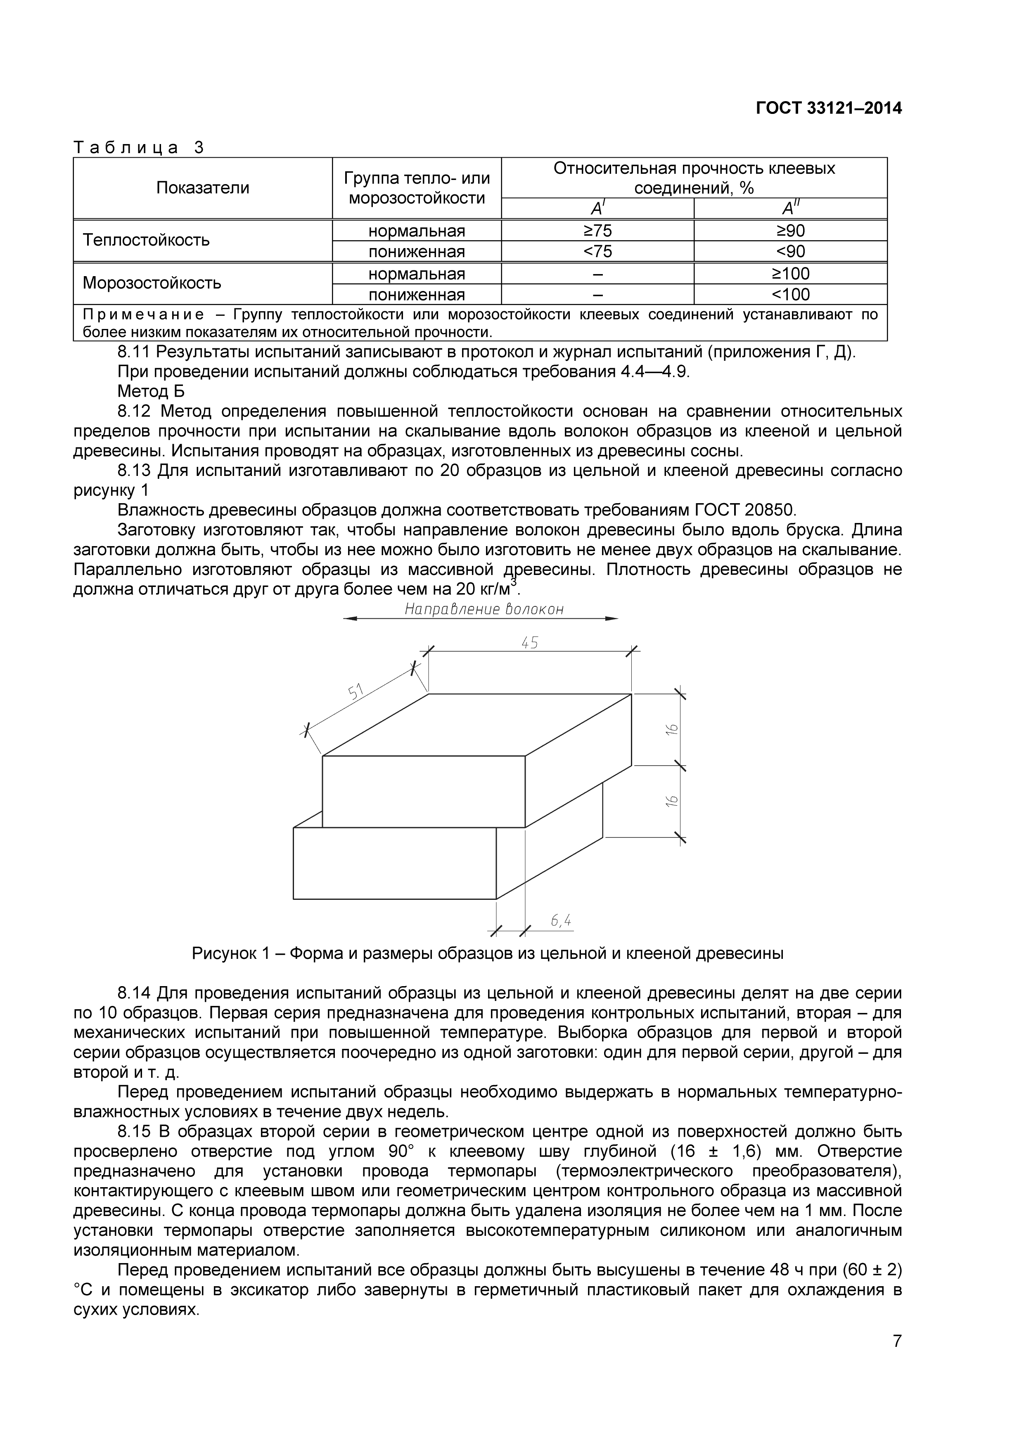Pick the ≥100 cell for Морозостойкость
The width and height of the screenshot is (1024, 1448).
(x=791, y=274)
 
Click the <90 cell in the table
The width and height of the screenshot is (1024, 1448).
(x=791, y=252)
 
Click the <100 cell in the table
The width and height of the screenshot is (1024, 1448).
(x=791, y=295)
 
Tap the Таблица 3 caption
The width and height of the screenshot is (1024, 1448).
(x=139, y=148)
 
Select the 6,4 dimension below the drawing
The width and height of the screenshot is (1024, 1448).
(x=561, y=921)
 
